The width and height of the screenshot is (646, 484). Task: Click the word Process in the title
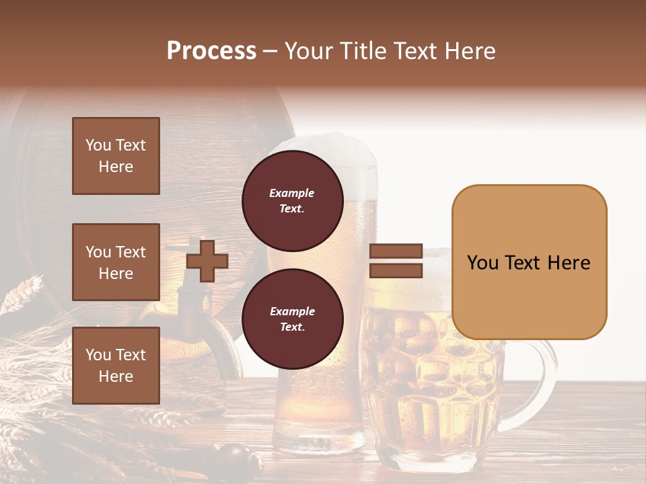click(211, 51)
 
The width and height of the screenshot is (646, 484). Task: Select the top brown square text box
click(116, 156)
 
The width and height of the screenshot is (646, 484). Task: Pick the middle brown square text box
click(116, 262)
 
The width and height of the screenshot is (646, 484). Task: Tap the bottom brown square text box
click(116, 365)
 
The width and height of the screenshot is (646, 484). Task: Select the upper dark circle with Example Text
click(292, 200)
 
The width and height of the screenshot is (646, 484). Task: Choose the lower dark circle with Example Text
click(292, 319)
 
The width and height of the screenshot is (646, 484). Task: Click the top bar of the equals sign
click(396, 251)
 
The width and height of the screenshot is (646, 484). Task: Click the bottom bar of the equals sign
click(396, 270)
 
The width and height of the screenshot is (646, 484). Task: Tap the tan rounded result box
click(529, 262)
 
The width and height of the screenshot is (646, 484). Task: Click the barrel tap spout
click(202, 323)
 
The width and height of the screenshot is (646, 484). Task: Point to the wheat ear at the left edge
click(20, 296)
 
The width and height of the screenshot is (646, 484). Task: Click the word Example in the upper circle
click(292, 193)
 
